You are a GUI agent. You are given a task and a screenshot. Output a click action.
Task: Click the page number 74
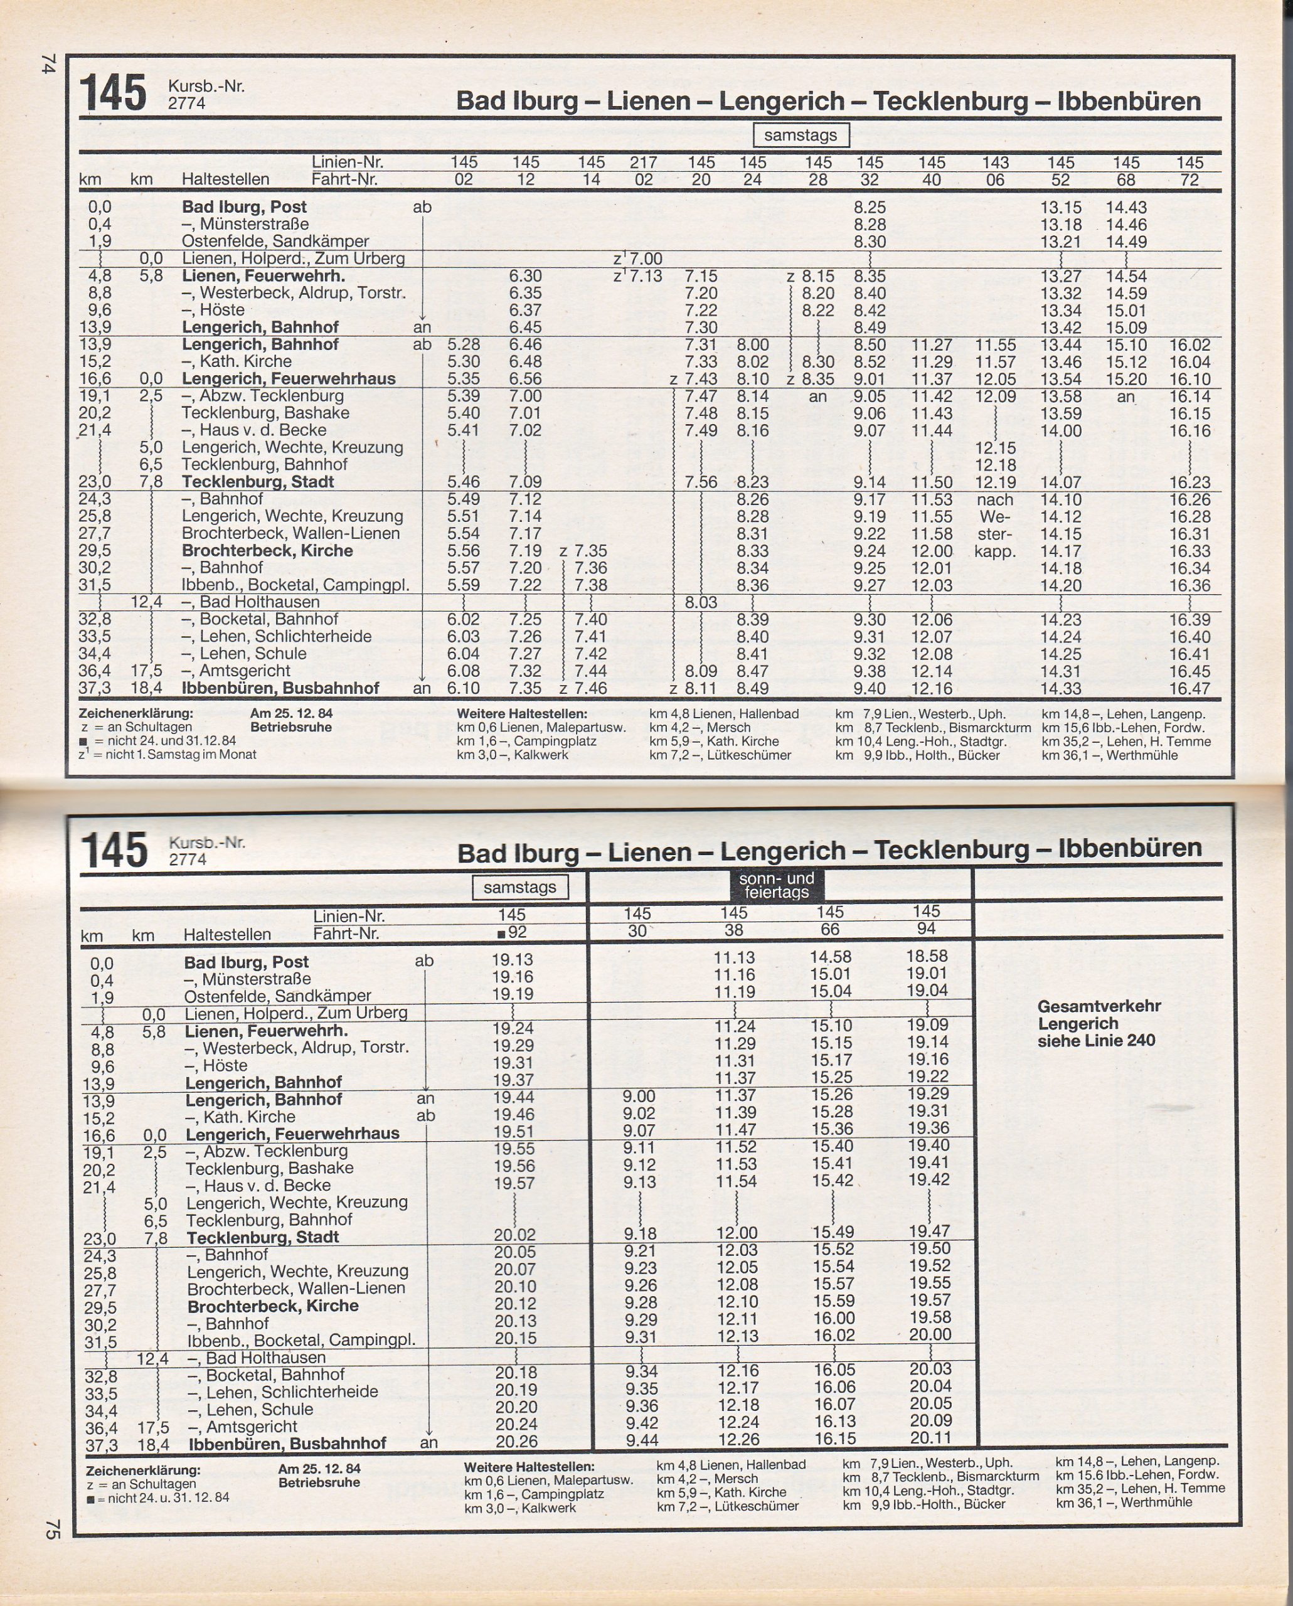(49, 63)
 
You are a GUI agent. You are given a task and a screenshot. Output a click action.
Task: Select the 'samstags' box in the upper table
(801, 136)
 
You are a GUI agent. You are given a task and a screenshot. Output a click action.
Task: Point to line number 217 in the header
(644, 162)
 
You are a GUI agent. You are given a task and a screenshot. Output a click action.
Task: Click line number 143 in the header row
(995, 162)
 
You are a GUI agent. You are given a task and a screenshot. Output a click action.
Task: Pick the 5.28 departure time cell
(463, 345)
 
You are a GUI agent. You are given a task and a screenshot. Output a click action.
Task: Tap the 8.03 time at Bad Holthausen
(701, 602)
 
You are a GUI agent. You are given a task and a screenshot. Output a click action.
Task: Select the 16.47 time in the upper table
(1189, 688)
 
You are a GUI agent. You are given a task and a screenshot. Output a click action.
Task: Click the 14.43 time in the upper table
(1126, 208)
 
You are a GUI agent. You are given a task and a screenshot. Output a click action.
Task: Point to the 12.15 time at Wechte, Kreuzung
(995, 448)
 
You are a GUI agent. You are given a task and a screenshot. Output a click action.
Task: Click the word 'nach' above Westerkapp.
(995, 500)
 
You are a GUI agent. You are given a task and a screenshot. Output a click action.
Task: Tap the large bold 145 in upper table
(113, 94)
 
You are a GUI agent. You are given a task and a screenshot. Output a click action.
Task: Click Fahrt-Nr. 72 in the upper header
(1189, 180)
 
